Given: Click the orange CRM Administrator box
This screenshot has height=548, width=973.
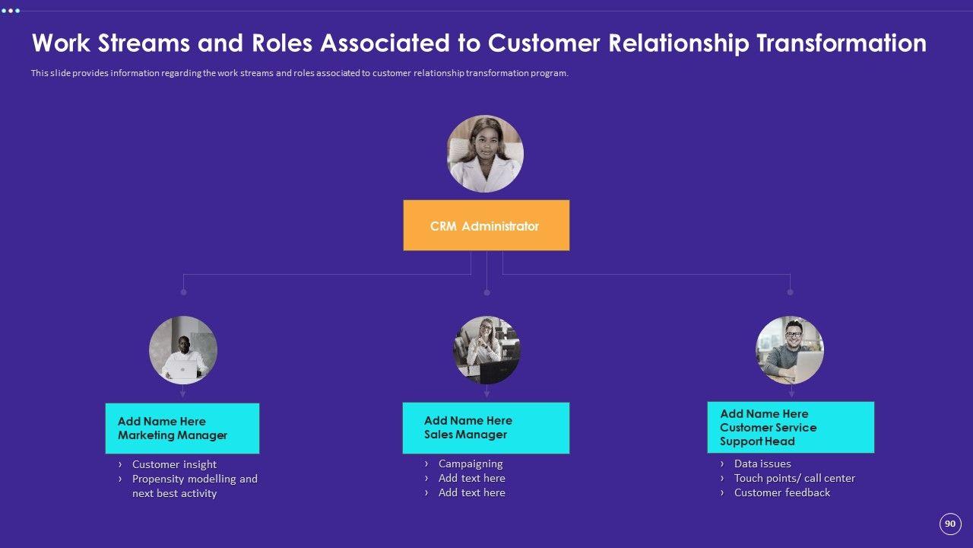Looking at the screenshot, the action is [x=486, y=225].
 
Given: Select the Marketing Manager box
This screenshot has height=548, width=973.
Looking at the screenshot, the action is [x=182, y=429].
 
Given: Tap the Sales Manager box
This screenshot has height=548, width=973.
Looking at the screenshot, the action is [x=486, y=428].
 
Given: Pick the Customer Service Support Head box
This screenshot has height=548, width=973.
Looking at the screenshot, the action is [x=791, y=427].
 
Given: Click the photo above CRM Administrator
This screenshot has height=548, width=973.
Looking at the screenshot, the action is [x=485, y=154].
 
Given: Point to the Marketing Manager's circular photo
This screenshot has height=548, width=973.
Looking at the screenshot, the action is [x=183, y=350].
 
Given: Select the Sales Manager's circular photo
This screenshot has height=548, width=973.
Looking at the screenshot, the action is [x=486, y=350].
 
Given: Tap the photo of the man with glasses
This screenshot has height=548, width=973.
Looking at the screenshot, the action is [x=790, y=350].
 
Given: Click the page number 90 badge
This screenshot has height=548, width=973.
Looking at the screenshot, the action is [x=950, y=524].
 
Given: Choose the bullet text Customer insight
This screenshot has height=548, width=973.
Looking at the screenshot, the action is [x=174, y=464].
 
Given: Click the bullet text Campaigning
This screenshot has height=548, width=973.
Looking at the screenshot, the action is [x=471, y=464].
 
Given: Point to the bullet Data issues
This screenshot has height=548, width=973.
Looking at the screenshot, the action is [x=762, y=464].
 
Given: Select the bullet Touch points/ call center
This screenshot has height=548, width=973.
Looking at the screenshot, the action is [x=794, y=478].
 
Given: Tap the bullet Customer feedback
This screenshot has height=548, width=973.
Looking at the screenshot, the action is [x=782, y=492].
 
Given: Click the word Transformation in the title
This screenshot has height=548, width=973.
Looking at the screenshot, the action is [x=841, y=43].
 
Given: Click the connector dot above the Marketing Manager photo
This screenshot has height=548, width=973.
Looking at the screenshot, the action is [x=183, y=292].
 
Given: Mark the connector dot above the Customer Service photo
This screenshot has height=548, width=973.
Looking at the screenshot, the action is [x=790, y=292].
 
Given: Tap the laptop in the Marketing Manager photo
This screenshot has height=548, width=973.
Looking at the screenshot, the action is [x=182, y=371].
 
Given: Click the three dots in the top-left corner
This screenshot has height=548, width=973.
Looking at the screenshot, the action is [x=11, y=11].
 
